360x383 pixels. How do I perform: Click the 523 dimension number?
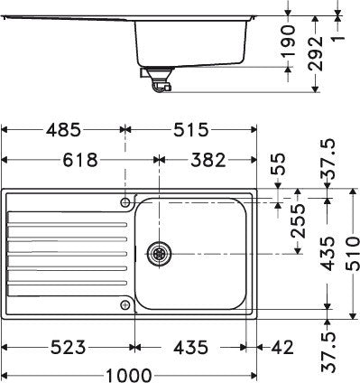(68, 347)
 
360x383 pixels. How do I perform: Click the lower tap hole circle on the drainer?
(124, 305)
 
